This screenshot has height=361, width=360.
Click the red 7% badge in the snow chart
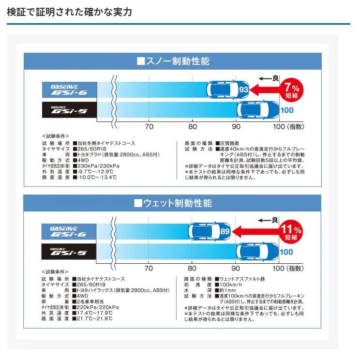click(292, 90)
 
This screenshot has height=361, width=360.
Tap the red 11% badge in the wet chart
click(291, 232)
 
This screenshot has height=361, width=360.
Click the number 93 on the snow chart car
click(243, 90)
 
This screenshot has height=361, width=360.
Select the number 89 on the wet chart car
click(225, 231)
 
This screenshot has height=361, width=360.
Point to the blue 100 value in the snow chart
click(287, 110)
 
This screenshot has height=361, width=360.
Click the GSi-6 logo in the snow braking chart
click(69, 90)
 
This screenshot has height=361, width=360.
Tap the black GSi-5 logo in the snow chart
click(69, 110)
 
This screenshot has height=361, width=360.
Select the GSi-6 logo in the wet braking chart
click(69, 232)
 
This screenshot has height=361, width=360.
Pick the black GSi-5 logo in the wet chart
click(69, 252)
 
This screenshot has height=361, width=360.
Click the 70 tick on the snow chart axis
click(149, 127)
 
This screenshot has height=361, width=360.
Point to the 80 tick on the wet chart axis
click(192, 269)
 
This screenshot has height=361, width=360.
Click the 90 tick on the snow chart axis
click(236, 127)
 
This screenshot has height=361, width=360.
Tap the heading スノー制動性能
click(173, 61)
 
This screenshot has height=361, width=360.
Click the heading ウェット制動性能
click(173, 203)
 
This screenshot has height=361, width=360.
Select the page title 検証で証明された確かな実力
click(69, 12)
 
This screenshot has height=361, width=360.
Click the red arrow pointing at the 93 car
click(265, 90)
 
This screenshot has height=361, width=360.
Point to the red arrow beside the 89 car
click(256, 232)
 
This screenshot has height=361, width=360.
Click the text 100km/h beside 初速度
click(231, 285)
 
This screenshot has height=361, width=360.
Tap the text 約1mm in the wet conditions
click(227, 290)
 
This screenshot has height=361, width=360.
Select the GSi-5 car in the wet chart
click(257, 252)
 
